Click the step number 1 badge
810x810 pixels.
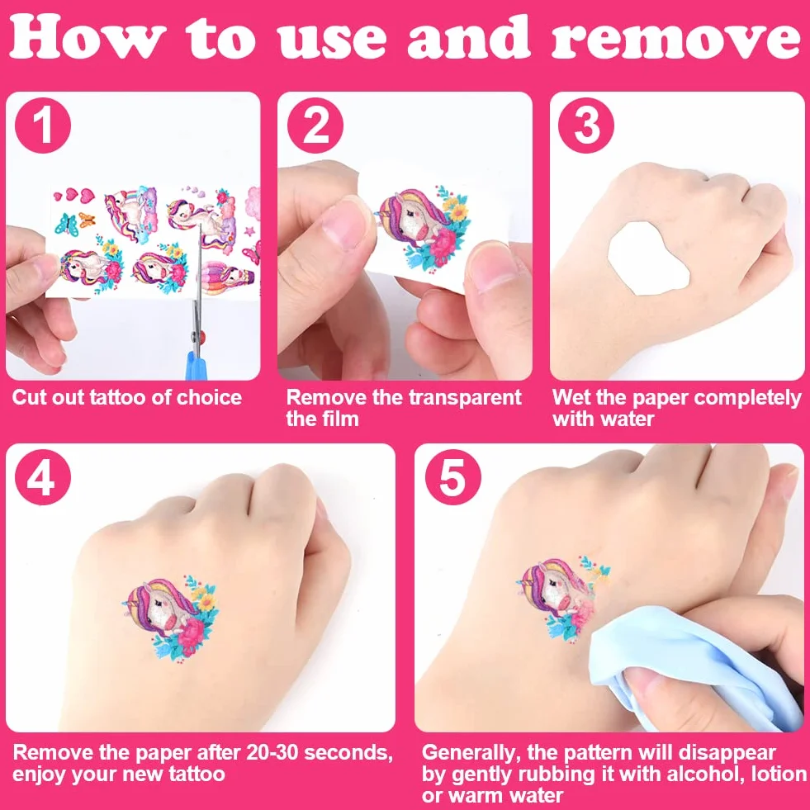[x=43, y=126]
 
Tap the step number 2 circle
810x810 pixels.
[x=315, y=126]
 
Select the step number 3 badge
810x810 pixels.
[x=586, y=126]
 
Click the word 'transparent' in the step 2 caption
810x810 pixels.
[x=464, y=398]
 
